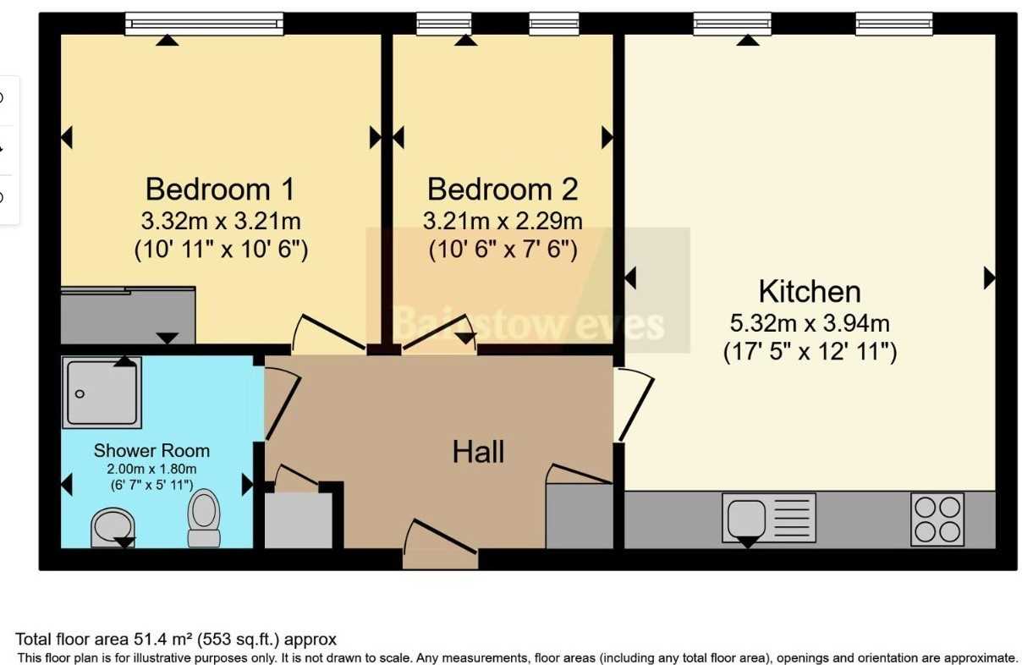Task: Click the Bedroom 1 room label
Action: tap(220, 189)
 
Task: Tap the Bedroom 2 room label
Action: tap(503, 189)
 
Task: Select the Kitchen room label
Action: tap(810, 291)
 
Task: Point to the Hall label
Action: tap(478, 452)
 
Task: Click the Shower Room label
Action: tap(151, 450)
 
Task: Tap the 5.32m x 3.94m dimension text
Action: tap(810, 323)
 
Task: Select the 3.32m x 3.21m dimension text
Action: tap(221, 221)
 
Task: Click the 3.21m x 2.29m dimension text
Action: tap(503, 221)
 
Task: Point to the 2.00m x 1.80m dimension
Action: tap(151, 469)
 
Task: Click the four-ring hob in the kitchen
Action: tap(937, 519)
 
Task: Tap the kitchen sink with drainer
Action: tap(769, 518)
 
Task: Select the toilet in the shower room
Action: tap(204, 518)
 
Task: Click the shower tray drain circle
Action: tap(80, 393)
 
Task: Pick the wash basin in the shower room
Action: tap(113, 528)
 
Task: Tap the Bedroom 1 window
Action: tap(205, 24)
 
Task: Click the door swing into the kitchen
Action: tap(635, 405)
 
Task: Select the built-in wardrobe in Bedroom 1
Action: tap(129, 315)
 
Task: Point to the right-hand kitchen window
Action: tap(893, 24)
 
